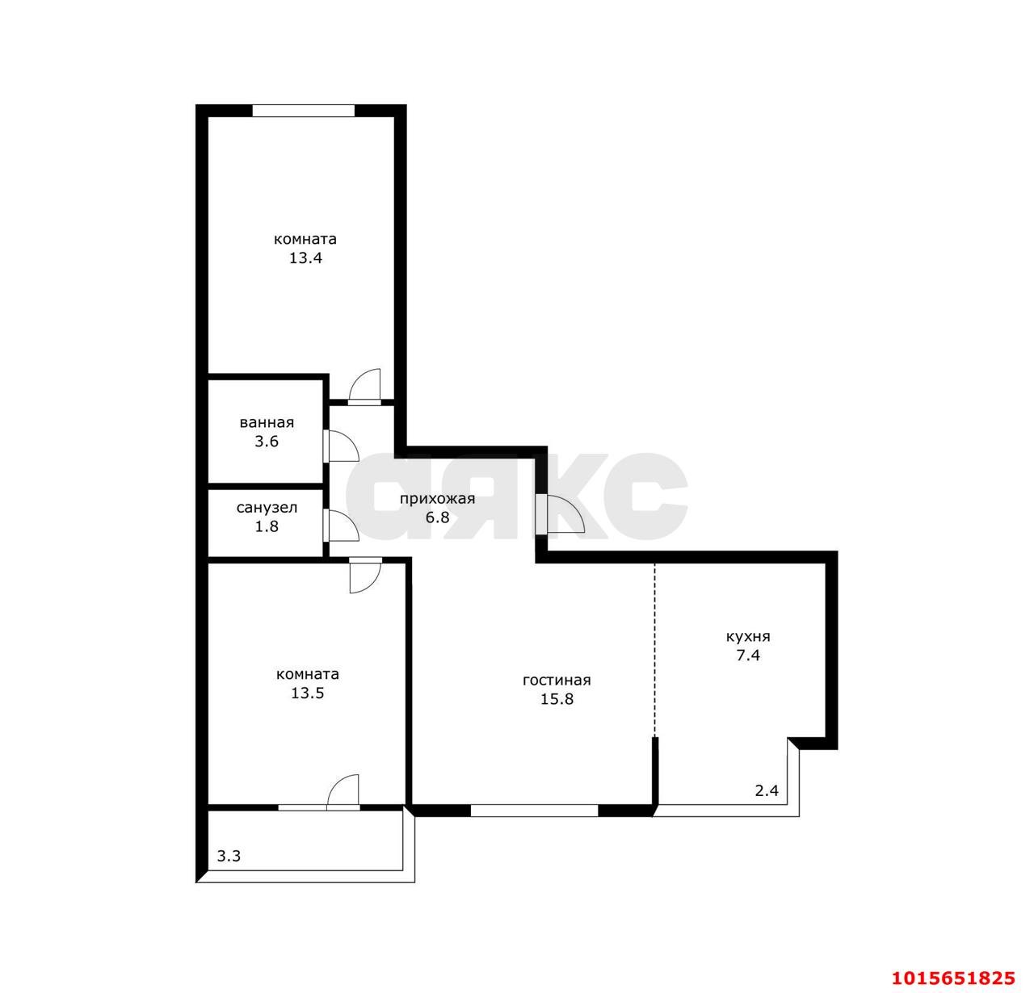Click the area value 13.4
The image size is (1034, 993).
pos(305,258)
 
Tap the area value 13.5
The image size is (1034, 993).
pos(307,693)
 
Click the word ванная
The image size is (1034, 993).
pos(267,423)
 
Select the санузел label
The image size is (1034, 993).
pos(267,508)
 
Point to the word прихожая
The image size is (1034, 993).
pos(437,500)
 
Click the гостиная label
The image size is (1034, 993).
pos(557,681)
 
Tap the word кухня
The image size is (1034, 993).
pos(748,637)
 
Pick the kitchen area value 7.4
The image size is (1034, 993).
pos(748,656)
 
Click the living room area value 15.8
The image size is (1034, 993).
pos(557,699)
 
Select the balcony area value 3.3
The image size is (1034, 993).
pos(229,856)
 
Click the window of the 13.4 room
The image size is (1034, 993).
pos(303,111)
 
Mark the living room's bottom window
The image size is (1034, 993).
pos(534,811)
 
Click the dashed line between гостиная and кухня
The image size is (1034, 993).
pos(654,650)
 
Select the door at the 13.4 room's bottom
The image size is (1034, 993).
pos(364,387)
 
